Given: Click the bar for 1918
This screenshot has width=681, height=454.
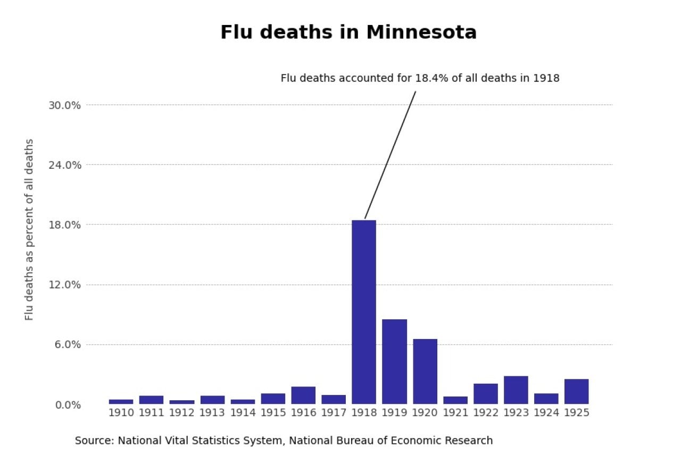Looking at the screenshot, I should (364, 312).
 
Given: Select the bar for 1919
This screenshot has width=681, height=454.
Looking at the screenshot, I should (394, 361).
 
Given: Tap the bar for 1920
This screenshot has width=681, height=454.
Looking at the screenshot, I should (425, 371).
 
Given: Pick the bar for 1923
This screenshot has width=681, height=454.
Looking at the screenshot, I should (516, 390).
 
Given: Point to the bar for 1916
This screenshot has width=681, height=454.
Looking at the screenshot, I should (303, 395).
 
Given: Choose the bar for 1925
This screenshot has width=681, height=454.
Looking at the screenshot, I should (576, 391).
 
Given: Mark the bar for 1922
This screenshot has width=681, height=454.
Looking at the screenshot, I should (485, 393).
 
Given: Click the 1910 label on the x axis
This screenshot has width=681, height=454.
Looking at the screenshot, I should (121, 413).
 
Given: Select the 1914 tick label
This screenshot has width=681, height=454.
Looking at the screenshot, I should (243, 413).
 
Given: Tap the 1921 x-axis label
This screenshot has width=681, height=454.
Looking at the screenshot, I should (455, 413).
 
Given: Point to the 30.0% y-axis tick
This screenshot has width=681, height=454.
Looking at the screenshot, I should (64, 105).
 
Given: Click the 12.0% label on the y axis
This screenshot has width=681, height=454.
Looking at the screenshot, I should (64, 285).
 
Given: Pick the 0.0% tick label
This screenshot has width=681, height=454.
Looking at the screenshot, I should (67, 405).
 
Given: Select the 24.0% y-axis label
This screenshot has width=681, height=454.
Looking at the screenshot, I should (64, 165).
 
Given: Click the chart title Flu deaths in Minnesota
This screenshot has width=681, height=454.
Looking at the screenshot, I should (348, 32).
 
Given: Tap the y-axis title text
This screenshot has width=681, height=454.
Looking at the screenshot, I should (29, 229).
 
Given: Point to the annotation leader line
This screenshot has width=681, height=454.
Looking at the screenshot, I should (390, 154).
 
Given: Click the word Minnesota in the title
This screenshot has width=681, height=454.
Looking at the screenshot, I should (421, 32).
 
